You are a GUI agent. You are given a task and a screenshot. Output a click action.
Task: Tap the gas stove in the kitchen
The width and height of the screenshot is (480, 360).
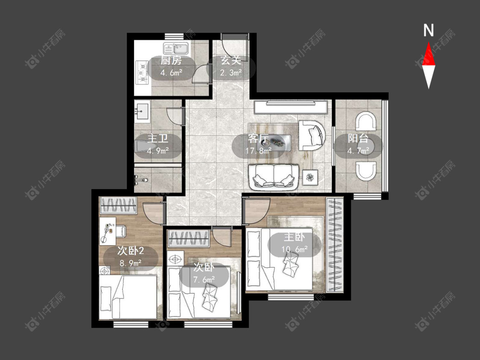[142, 72]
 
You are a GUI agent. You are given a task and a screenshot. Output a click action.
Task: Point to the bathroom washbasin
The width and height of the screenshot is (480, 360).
[142, 112]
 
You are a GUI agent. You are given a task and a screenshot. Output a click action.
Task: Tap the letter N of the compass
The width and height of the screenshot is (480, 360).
[428, 30]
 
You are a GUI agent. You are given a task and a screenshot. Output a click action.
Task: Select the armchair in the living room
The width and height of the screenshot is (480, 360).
[311, 135]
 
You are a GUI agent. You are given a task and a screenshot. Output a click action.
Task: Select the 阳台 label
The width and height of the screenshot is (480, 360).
[358, 138]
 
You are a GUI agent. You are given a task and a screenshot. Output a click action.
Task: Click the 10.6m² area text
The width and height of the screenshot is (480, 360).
[294, 250]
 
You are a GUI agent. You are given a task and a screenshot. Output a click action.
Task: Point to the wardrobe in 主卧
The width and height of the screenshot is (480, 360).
[335, 244]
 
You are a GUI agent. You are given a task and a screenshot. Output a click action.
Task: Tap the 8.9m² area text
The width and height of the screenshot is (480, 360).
[131, 263]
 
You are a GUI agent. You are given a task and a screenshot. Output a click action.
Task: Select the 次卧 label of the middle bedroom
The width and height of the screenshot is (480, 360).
[203, 267]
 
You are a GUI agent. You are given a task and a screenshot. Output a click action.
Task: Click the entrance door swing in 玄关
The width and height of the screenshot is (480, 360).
[234, 45]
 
